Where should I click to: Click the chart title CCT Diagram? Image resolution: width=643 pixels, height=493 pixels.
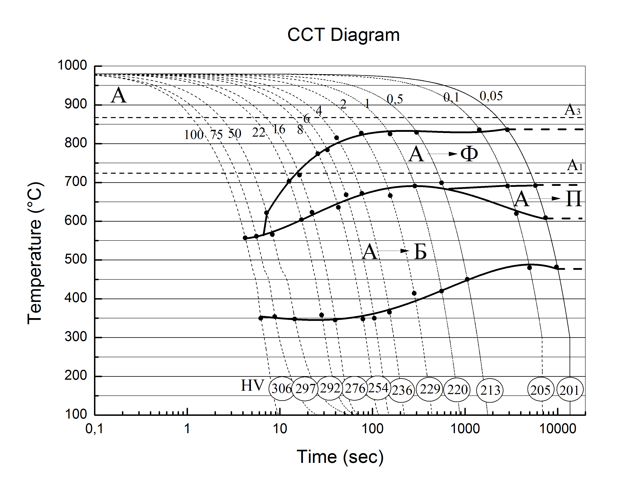coord(343,35)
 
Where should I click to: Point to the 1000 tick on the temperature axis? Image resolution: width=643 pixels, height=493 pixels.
coord(72,65)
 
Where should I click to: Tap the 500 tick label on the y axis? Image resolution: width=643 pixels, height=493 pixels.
coord(76,259)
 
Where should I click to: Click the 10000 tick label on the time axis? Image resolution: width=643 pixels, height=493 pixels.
coord(558,429)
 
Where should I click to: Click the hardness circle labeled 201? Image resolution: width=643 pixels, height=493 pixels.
coord(569,390)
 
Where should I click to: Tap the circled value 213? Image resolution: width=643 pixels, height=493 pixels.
coord(490,390)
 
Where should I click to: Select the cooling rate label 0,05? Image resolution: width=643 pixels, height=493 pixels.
coord(491,96)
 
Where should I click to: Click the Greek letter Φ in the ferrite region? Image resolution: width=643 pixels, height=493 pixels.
coord(469,154)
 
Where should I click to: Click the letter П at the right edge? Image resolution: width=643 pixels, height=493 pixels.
coord(573,199)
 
